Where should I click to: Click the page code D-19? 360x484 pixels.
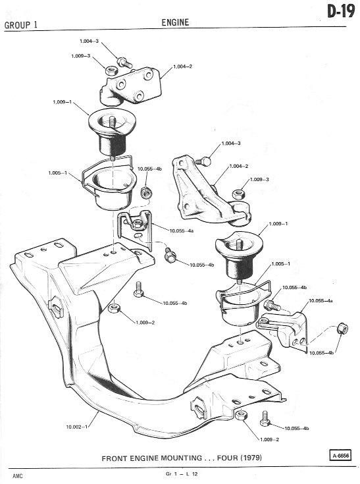[341, 12]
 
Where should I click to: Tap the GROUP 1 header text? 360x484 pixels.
[21, 25]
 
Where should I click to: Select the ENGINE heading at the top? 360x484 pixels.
[175, 22]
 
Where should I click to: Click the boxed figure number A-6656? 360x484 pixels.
[340, 456]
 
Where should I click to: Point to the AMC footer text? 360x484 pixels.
[18, 476]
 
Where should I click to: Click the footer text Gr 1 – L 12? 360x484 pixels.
[182, 474]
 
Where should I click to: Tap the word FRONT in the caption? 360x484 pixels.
[114, 458]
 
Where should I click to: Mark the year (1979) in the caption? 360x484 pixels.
[250, 458]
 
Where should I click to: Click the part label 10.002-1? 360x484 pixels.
[77, 427]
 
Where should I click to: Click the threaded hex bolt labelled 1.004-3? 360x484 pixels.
[124, 62]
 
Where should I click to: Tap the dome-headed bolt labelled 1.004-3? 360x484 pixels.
[204, 161]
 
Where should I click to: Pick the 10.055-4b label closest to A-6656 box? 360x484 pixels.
[297, 428]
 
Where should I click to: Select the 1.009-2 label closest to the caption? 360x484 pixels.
[269, 439]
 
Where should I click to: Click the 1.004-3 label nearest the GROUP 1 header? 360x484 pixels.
[89, 41]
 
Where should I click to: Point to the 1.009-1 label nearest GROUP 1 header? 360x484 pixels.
[62, 102]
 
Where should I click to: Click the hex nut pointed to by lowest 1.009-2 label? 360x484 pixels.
[241, 415]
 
